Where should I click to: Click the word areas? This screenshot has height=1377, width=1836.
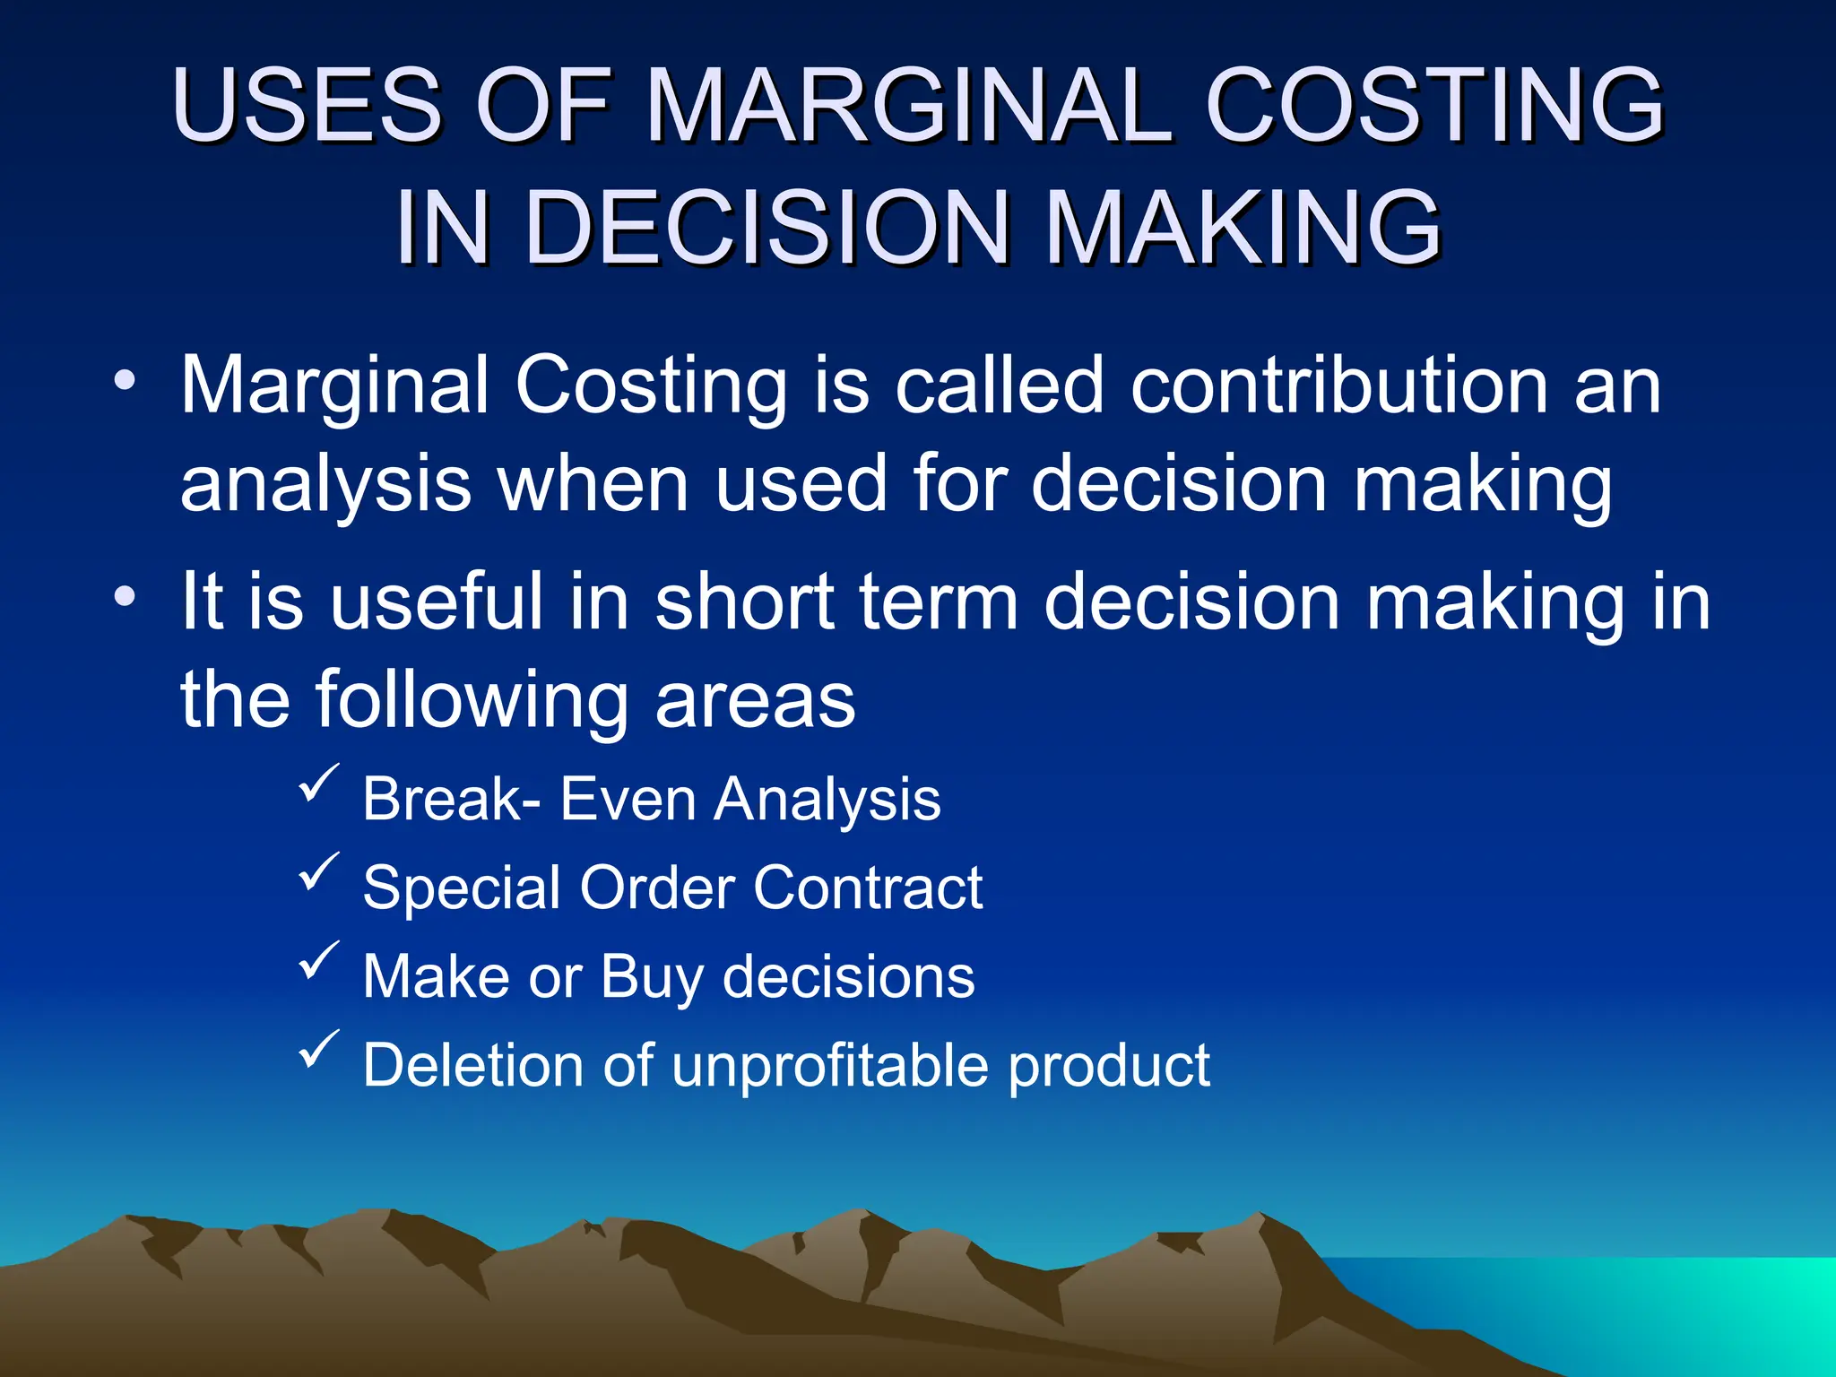(755, 701)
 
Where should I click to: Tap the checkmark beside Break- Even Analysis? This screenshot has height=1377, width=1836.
(318, 783)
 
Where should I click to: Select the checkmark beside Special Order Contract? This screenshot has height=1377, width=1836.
(318, 871)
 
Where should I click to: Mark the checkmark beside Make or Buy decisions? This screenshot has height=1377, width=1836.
(318, 960)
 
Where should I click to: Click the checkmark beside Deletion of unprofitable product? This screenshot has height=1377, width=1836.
(318, 1049)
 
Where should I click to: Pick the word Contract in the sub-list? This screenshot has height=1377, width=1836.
(867, 888)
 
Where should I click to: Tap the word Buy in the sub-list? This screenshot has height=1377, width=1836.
(651, 977)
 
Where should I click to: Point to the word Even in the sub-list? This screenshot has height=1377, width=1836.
(628, 799)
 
